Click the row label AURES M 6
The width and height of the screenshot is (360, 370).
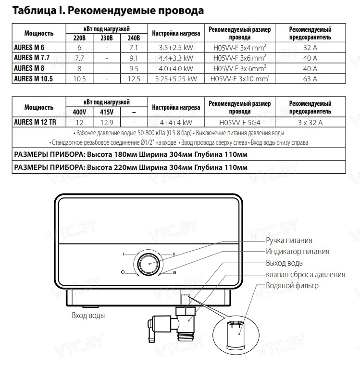click(x=30, y=47)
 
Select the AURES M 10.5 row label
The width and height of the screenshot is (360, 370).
click(x=33, y=78)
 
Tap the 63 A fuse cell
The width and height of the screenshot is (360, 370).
click(x=310, y=78)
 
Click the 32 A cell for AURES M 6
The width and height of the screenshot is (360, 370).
click(x=310, y=47)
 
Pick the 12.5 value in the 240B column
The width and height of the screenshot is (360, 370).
click(x=134, y=78)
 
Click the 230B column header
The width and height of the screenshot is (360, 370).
click(x=106, y=38)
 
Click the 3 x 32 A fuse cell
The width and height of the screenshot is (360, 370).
click(x=310, y=122)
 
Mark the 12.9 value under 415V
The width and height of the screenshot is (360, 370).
click(x=106, y=122)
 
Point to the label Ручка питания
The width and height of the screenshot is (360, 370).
click(x=289, y=240)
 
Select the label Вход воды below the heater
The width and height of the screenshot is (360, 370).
click(x=88, y=316)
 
